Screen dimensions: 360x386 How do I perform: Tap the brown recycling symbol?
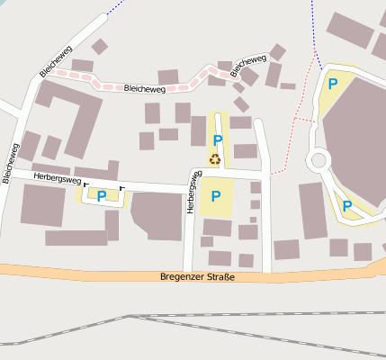coord(216,159)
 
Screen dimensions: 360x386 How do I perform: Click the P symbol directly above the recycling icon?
coord(217,140)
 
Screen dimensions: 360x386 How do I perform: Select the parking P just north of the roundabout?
coord(333,85)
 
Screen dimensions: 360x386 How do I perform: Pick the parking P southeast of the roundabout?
coord(346,206)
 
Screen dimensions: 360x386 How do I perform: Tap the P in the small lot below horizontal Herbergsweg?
coord(102,195)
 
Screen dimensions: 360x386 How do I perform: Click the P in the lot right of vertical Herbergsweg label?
coord(216,196)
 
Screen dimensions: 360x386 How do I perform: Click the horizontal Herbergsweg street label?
coord(57,178)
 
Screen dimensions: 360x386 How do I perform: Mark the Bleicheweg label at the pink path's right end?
coord(249,66)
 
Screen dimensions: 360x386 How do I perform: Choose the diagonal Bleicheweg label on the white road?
coord(56,59)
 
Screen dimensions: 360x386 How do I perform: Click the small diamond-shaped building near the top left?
coord(100,46)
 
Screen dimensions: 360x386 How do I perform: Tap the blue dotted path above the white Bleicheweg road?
coord(113,8)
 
